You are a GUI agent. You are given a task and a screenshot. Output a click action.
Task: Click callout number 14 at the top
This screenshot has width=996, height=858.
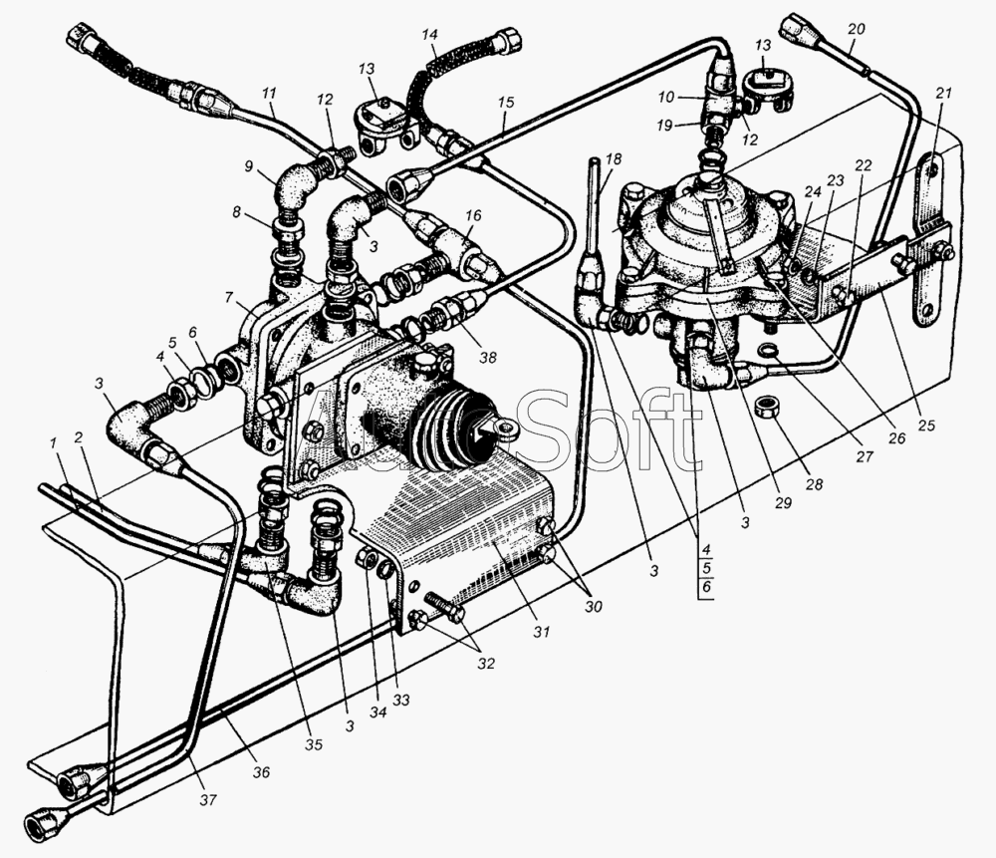(429, 34)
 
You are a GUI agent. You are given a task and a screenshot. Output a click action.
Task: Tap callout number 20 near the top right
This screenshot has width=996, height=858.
(856, 30)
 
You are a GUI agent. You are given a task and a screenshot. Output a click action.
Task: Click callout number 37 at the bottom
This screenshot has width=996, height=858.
(208, 799)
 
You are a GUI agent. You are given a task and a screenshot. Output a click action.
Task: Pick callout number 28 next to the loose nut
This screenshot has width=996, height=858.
(814, 484)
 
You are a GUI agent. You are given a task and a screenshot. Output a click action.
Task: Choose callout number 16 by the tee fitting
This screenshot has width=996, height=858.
(472, 215)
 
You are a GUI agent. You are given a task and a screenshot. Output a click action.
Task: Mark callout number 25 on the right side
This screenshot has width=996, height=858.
(926, 425)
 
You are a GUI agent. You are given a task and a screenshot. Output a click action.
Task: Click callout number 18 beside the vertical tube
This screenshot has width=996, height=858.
(613, 158)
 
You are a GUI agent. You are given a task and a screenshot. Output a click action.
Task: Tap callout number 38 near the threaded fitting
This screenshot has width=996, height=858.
(487, 357)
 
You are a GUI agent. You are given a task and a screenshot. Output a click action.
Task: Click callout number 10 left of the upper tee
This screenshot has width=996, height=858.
(665, 98)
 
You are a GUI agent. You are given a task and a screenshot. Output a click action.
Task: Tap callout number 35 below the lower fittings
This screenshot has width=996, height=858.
(314, 744)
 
